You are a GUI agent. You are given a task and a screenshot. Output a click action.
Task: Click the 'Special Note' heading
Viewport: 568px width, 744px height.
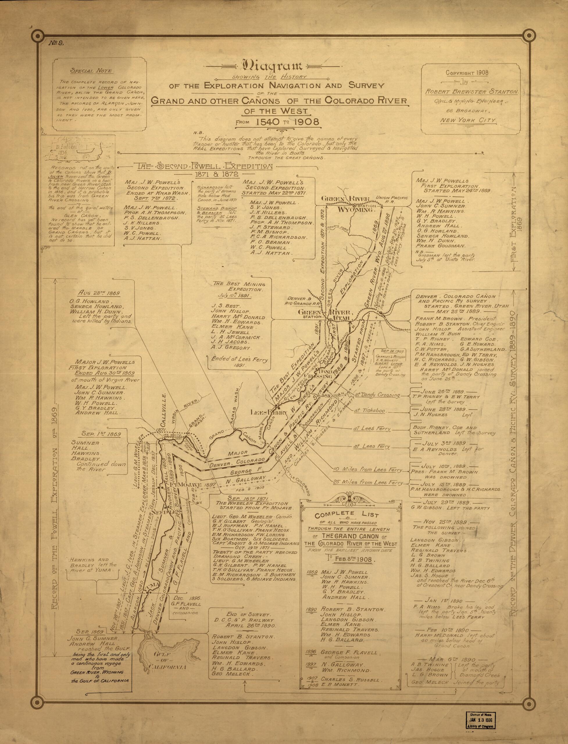click(x=92, y=71)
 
